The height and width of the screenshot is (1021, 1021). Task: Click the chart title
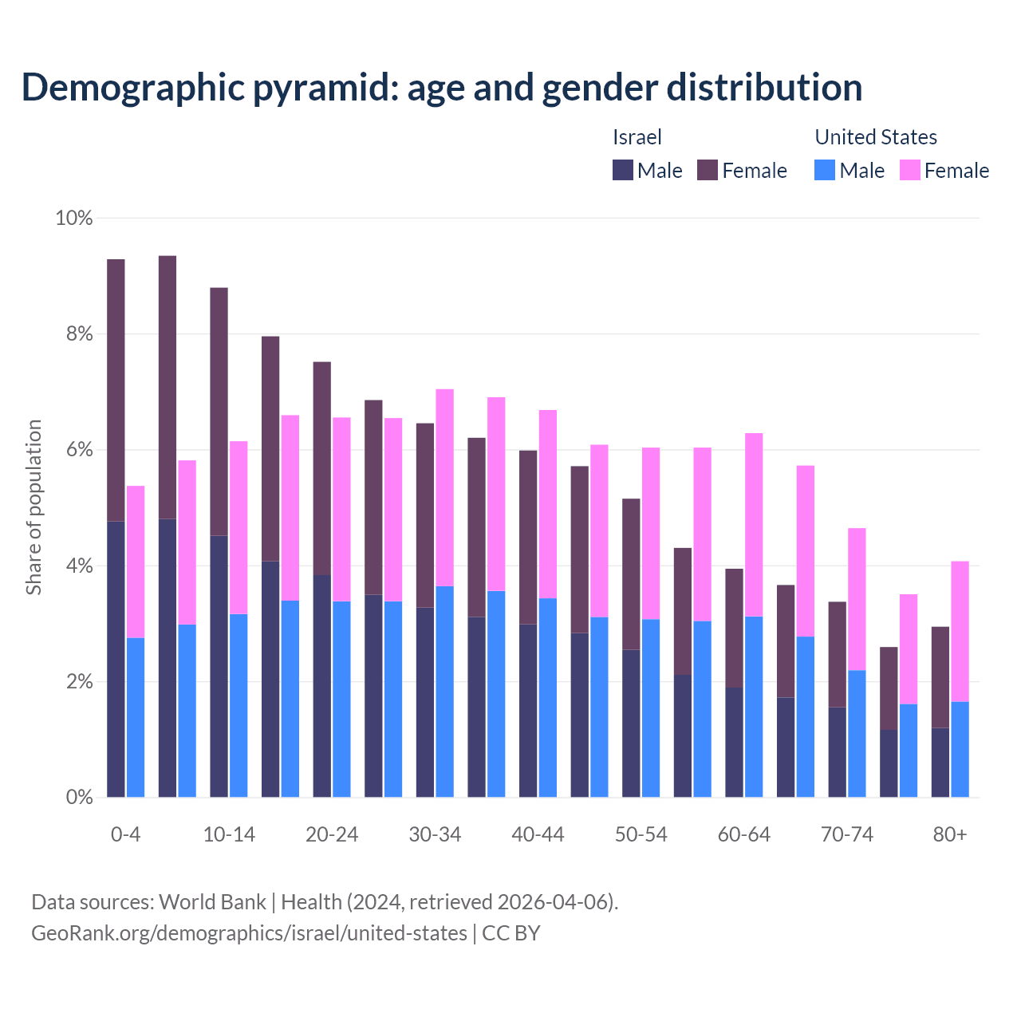442,87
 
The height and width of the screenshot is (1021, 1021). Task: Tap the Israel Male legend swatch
622,170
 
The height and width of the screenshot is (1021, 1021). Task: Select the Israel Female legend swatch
708,170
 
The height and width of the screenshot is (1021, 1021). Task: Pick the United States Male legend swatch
825,170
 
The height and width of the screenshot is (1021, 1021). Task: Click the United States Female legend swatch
910,170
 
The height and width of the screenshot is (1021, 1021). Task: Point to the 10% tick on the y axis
74,218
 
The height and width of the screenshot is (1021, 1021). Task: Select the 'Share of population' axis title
34,507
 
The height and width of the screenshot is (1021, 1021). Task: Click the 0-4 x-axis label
125,834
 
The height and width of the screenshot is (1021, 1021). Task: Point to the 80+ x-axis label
950,834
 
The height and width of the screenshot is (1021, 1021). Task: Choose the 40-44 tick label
538,834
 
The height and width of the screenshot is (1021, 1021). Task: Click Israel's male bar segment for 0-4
116,659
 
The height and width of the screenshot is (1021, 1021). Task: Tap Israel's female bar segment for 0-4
116,390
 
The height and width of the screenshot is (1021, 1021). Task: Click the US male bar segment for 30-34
444,692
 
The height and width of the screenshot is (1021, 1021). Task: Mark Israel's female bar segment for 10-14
219,412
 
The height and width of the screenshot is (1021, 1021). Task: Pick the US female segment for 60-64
754,525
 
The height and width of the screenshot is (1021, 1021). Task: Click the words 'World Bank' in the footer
212,902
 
